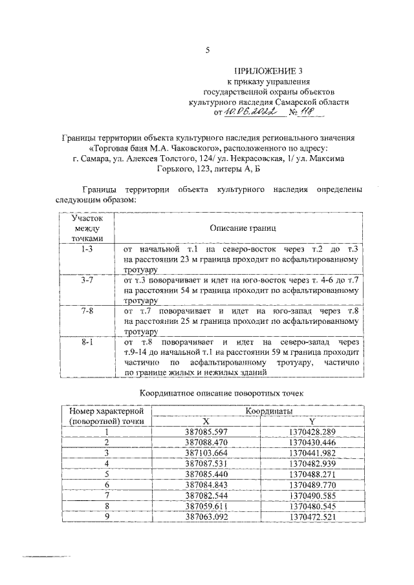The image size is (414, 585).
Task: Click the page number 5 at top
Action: (207, 50)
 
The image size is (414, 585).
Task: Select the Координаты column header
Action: (267, 411)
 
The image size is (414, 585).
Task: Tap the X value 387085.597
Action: (207, 432)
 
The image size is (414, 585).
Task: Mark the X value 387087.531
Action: (207, 463)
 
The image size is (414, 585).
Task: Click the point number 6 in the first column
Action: (106, 485)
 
